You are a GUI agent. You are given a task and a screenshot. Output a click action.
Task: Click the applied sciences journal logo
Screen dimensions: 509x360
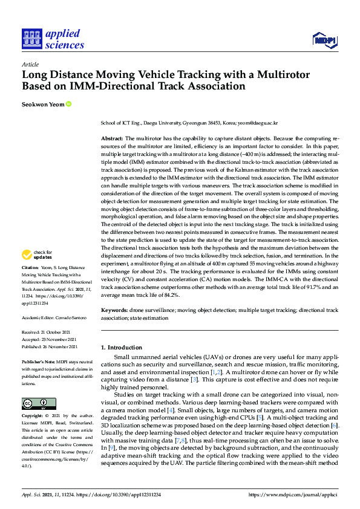click(x=53, y=39)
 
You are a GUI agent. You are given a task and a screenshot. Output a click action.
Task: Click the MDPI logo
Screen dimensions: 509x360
click(x=324, y=40)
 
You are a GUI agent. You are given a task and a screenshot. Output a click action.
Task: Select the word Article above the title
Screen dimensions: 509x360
click(x=30, y=64)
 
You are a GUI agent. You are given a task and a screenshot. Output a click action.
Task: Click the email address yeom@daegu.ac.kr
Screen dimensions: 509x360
click(x=259, y=123)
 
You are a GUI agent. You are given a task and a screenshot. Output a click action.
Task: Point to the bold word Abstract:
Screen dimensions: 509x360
click(x=112, y=138)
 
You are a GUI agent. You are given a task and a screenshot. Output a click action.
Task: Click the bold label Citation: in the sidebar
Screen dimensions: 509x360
click(x=30, y=267)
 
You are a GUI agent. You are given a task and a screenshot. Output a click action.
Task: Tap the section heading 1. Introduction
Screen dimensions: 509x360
click(x=121, y=348)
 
